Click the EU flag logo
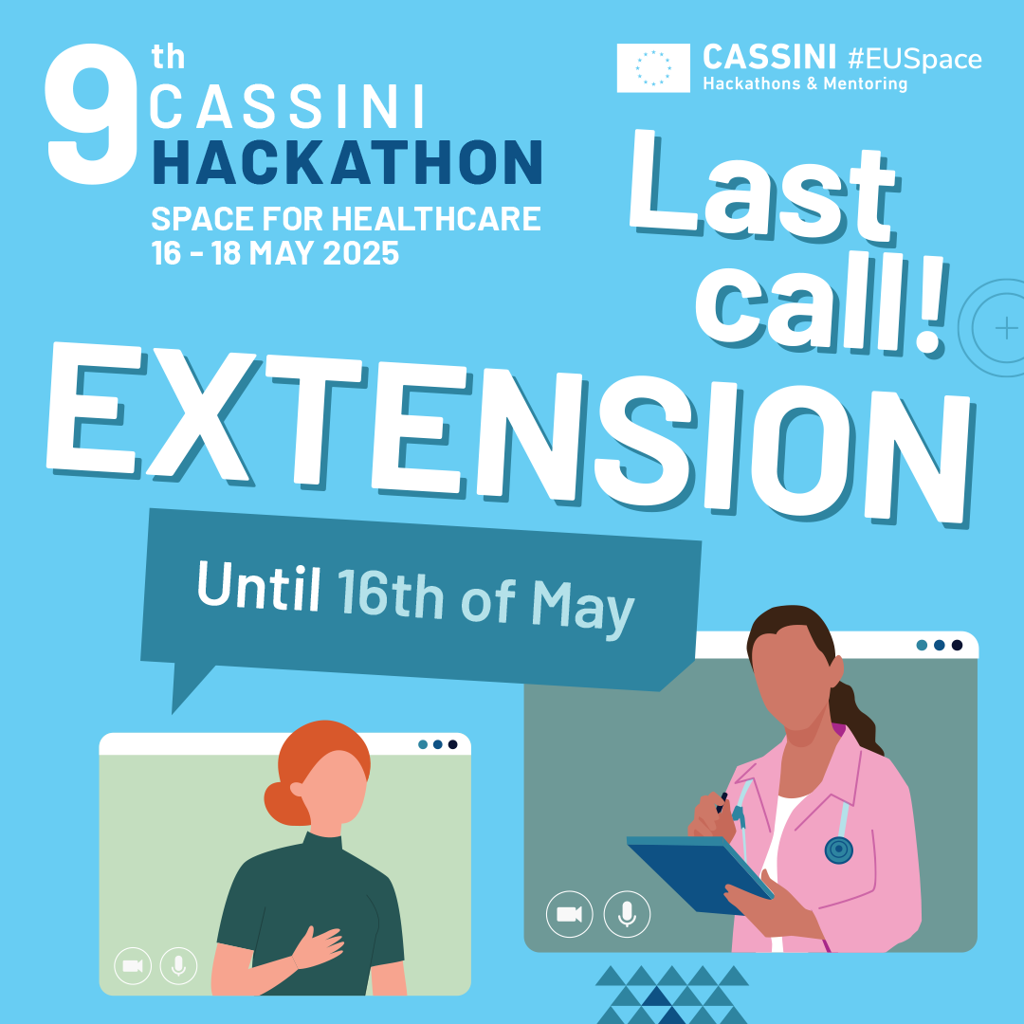(653, 68)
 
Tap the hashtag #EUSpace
(914, 60)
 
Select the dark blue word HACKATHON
(347, 162)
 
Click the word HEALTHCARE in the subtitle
(436, 219)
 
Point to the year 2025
(360, 253)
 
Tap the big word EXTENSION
(509, 431)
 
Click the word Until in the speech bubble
(259, 585)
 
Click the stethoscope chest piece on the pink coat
(838, 850)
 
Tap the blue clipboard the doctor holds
(700, 872)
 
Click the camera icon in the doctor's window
(570, 914)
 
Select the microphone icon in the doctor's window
(627, 914)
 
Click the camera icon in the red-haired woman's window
(133, 965)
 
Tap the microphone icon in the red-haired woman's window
(178, 965)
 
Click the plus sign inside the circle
(1006, 328)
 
